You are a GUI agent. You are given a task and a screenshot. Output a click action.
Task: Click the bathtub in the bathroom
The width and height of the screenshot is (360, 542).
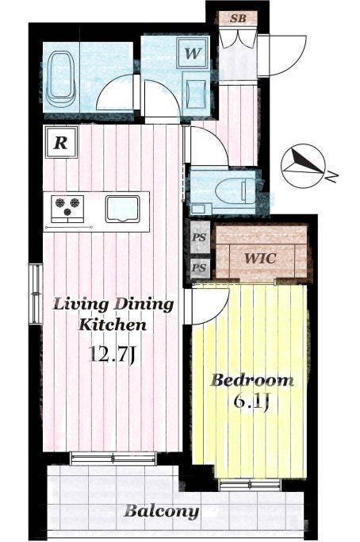click(61, 79)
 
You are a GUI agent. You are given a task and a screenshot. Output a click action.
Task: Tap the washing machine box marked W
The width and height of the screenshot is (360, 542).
click(192, 53)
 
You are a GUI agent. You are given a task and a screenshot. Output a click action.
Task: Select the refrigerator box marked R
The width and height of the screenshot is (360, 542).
click(61, 142)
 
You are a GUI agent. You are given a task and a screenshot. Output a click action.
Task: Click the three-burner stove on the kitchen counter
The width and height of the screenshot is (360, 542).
click(67, 209)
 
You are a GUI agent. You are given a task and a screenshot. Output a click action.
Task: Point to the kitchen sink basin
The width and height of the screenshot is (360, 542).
click(123, 209)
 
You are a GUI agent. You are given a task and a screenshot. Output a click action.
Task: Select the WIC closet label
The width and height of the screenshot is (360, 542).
click(260, 258)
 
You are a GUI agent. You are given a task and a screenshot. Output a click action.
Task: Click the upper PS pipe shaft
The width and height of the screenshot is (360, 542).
click(200, 237)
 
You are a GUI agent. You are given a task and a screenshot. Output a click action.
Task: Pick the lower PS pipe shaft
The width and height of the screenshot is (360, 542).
click(200, 268)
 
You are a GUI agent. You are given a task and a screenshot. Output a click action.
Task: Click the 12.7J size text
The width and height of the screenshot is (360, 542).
click(112, 354)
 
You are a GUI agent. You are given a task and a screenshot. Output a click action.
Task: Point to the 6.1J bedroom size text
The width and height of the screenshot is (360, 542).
click(251, 401)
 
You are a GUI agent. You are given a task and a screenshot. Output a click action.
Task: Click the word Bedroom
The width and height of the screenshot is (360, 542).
click(252, 380)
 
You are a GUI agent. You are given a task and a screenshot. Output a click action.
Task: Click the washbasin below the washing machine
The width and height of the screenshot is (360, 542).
click(196, 94)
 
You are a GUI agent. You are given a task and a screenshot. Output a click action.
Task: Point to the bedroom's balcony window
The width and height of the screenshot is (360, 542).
click(251, 486)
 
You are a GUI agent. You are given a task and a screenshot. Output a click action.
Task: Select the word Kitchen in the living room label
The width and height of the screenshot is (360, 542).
click(113, 325)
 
